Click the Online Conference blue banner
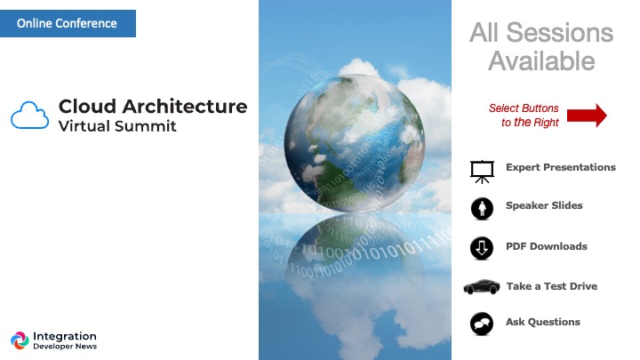click(x=68, y=23)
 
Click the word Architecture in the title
click(x=185, y=107)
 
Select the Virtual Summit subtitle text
click(x=117, y=126)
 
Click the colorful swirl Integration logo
click(x=20, y=340)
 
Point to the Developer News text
click(x=65, y=347)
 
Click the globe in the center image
click(x=355, y=143)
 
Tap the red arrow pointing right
click(x=587, y=116)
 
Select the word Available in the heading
click(x=541, y=61)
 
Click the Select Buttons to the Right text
click(x=524, y=115)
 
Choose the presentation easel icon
click(x=482, y=172)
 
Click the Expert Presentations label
click(x=560, y=167)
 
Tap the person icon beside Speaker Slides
click(x=482, y=209)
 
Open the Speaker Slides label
click(x=544, y=205)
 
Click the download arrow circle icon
click(x=482, y=248)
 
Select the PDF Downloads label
click(x=547, y=246)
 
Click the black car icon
click(x=482, y=286)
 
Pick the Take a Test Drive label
click(x=552, y=286)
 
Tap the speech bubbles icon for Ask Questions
click(x=482, y=324)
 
